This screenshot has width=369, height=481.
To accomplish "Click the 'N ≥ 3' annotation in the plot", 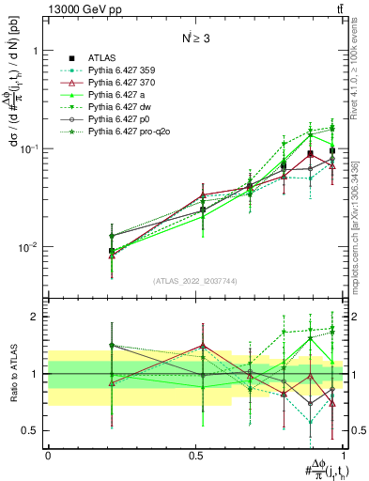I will click(195, 40).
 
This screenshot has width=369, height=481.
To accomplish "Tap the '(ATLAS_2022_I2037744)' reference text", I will click(195, 281).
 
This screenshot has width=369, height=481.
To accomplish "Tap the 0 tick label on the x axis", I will click(48, 454).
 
